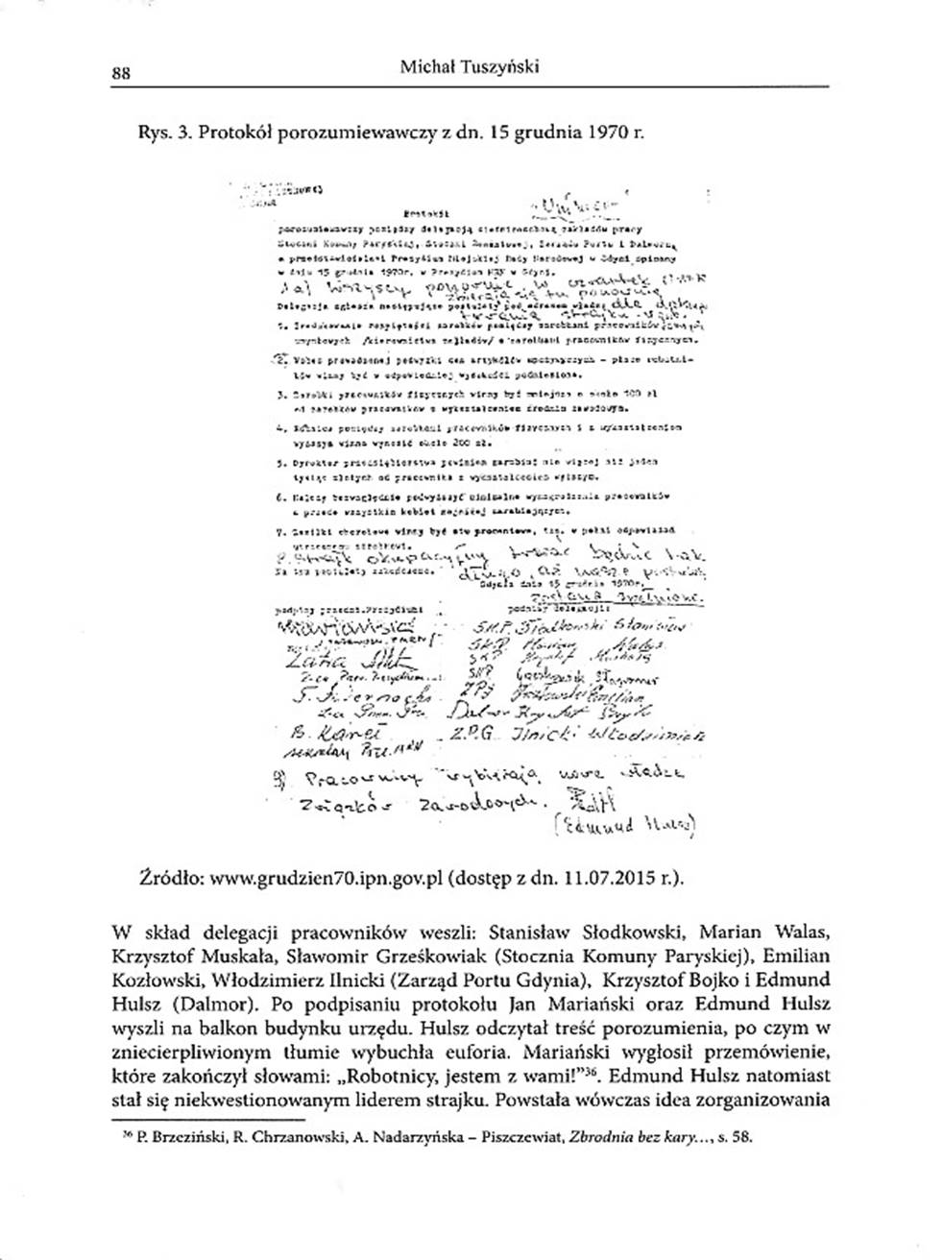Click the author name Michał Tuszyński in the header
470,65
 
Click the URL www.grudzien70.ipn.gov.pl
324,876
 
